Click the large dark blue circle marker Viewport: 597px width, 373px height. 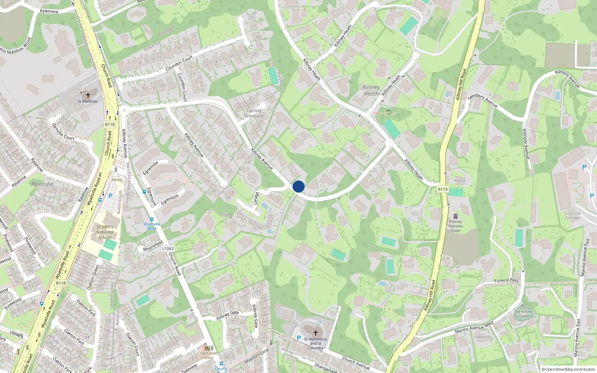tap(298, 186)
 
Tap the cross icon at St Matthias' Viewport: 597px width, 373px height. tap(88, 95)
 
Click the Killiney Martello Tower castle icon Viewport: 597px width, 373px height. tap(456, 216)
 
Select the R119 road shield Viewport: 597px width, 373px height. tap(443, 189)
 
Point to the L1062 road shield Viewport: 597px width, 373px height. tap(168, 248)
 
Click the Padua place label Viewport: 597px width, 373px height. tap(460, 181)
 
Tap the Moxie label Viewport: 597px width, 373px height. tap(117, 180)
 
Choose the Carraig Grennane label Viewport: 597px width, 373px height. tap(254, 113)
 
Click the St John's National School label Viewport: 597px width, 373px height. tap(105, 232)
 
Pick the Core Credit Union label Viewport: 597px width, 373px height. tap(207, 355)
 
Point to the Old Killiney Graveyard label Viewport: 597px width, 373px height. tap(524, 314)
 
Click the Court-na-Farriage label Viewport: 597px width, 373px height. tap(573, 215)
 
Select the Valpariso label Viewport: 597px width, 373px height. tap(482, 337)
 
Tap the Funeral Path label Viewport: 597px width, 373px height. tap(506, 280)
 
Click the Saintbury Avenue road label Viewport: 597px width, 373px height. tap(482, 101)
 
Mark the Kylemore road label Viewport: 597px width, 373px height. tap(49, 11)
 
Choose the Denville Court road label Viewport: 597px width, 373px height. tap(63, 132)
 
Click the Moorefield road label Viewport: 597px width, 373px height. tap(153, 246)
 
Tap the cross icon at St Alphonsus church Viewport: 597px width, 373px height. tap(315, 333)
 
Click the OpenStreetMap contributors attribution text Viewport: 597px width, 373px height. tap(568, 370)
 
